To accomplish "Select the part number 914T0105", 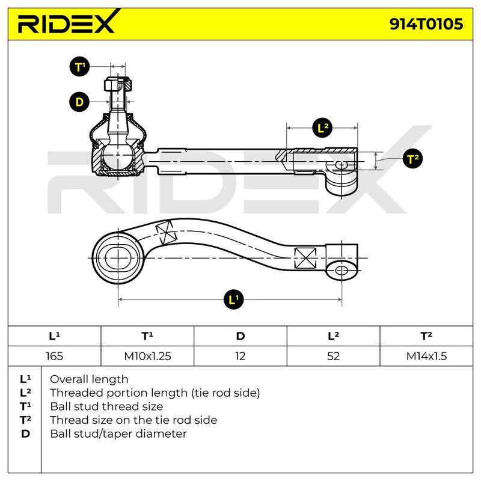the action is point(426,24).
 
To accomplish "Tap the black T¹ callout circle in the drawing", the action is point(79,67).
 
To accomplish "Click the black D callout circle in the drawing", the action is point(79,102).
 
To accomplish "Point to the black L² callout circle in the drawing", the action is point(322,127).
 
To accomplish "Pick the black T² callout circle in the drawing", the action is point(412,159).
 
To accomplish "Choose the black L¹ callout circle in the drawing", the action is point(233,299).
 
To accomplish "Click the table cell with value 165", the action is point(54,356).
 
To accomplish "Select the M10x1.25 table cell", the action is point(147,356).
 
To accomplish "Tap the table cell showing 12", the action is point(240,356).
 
